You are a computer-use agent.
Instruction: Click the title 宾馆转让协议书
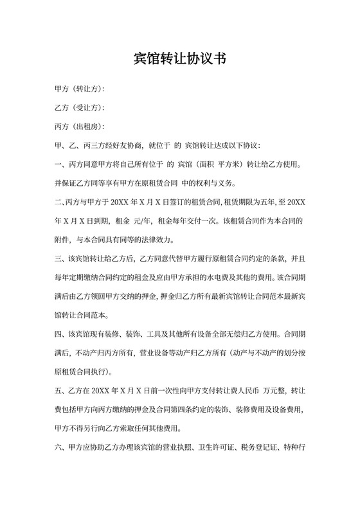(179, 59)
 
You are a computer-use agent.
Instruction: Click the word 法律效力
(157, 240)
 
